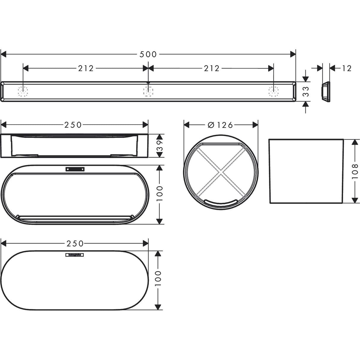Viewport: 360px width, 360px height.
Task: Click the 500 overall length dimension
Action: tap(148, 54)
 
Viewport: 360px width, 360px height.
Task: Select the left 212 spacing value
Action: tap(86, 69)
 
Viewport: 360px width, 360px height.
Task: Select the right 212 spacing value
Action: tap(211, 69)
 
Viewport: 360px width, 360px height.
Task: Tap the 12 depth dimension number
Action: tap(346, 69)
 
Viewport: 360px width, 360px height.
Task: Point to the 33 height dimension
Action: tap(306, 92)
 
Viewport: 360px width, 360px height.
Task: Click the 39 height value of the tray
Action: tap(160, 146)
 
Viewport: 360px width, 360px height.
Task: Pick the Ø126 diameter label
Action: tap(221, 125)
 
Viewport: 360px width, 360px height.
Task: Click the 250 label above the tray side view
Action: tap(73, 125)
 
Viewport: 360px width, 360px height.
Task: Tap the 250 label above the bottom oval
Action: tap(75, 243)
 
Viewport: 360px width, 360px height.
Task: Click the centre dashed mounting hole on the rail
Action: tap(148, 91)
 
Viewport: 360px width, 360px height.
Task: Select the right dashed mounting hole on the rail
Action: tap(273, 91)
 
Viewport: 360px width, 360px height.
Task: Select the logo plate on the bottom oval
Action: tap(75, 254)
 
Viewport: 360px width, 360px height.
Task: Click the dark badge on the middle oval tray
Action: tap(75, 169)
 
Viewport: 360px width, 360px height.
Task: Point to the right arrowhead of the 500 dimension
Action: tap(293, 54)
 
